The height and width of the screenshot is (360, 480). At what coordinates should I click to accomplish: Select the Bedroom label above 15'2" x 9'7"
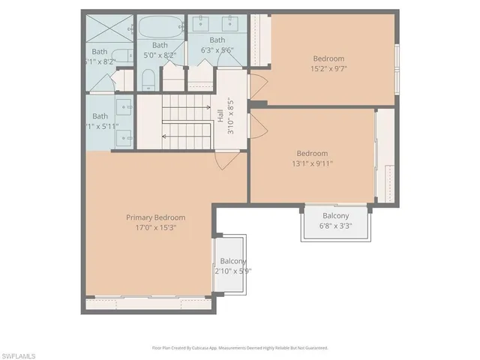tap(328, 58)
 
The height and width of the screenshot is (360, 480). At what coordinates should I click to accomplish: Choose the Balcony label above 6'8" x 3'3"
tap(335, 216)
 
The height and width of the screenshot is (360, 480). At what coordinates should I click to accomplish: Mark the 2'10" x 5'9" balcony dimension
tap(233, 271)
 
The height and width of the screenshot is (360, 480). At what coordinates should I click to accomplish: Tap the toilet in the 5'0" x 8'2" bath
tap(148, 79)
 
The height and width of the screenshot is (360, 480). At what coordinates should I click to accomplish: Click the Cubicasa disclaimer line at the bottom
tap(240, 348)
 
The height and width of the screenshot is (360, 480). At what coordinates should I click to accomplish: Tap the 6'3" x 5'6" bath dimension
tap(217, 51)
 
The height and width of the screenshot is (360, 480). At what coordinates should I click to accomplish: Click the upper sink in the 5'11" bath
tap(124, 105)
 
